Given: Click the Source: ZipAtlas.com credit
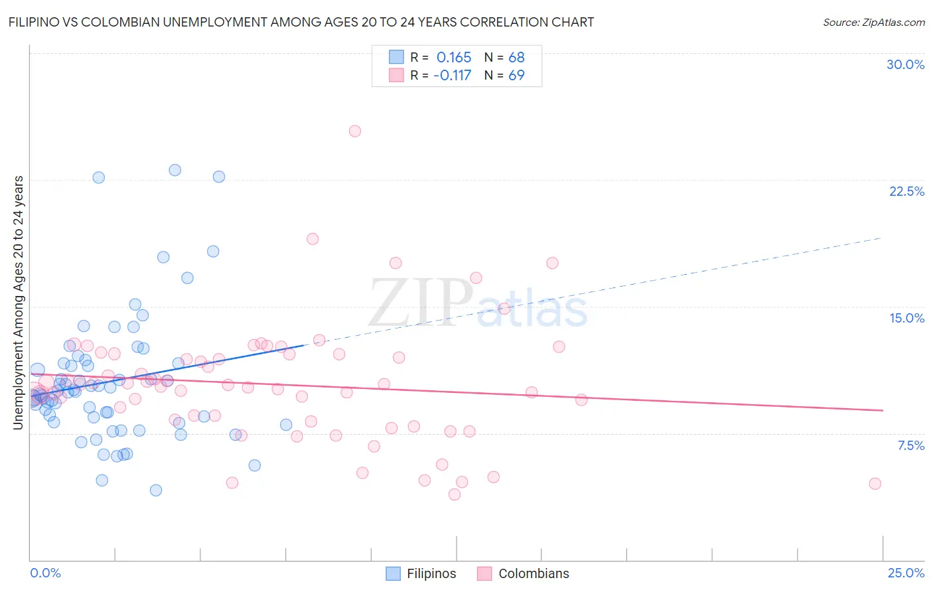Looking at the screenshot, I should tap(873, 22).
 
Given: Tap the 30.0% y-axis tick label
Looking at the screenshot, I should tap(905, 64).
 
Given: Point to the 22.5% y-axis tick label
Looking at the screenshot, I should tap(906, 191).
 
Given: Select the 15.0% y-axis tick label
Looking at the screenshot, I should tap(906, 318).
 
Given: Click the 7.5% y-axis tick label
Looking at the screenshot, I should tap(910, 445).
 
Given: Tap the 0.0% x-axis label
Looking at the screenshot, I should tap(46, 573).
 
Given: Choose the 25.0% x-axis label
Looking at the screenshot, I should tap(906, 573).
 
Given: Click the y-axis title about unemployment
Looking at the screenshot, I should tap(18, 303).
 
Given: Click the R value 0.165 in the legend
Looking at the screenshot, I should tap(454, 58).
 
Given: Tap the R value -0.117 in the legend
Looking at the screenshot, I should tap(452, 76).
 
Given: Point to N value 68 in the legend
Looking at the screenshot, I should tap(516, 58).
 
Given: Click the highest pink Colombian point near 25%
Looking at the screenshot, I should tap(355, 131).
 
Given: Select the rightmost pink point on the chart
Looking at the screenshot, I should tap(875, 484).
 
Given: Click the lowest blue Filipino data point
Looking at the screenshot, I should tap(156, 490).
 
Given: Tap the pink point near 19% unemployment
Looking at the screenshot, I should tap(313, 239).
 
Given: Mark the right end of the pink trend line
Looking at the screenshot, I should tap(883, 410).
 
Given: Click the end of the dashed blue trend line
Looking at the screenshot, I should tap(881, 238).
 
